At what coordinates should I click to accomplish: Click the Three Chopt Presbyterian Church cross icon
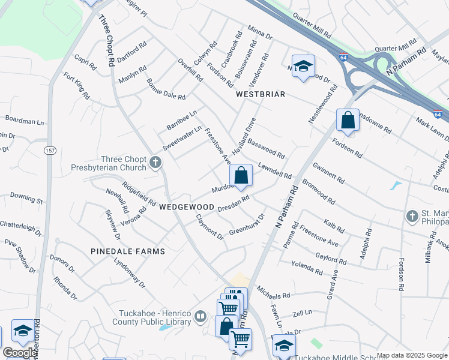pyautogui.click(x=155, y=162)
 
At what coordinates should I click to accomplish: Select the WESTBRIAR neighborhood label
pyautogui.click(x=260, y=95)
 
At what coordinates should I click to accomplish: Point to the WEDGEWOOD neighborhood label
pyautogui.click(x=183, y=206)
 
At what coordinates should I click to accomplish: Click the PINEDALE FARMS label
pyautogui.click(x=119, y=251)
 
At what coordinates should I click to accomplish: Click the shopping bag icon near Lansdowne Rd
pyautogui.click(x=348, y=121)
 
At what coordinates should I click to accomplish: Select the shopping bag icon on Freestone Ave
pyautogui.click(x=241, y=175)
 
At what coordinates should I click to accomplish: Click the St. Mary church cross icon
pyautogui.click(x=412, y=215)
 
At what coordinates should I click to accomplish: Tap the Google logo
pyautogui.click(x=19, y=353)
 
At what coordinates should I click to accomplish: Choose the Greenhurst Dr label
pyautogui.click(x=247, y=223)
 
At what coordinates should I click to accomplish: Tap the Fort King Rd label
pyautogui.click(x=77, y=85)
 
